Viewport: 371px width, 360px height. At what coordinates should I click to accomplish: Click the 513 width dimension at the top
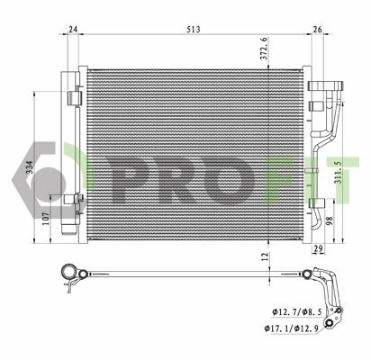(194, 29)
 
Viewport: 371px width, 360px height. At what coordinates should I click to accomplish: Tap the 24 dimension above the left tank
(72, 29)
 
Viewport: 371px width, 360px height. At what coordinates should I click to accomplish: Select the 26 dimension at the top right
(316, 29)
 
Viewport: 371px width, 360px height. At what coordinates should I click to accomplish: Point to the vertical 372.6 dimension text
(264, 49)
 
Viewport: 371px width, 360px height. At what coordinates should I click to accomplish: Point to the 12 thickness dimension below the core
(264, 256)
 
